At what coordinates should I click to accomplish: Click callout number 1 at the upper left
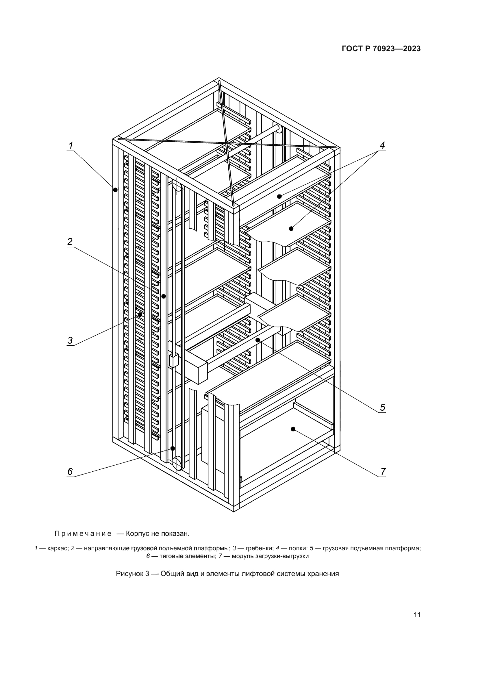pos(71,145)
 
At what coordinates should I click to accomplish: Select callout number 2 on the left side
pos(70,242)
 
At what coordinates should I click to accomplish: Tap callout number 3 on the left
pos(70,340)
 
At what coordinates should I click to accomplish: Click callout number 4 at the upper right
pos(382,145)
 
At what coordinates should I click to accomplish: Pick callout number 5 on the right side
pos(382,408)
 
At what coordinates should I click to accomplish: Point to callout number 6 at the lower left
pos(70,472)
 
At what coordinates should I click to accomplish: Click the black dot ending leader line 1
pos(115,190)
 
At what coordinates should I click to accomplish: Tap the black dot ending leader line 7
pos(293,429)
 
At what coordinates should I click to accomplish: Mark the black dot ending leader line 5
pos(258,340)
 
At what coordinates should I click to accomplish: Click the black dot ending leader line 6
pos(173,449)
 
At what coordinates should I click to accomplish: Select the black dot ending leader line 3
pos(140,315)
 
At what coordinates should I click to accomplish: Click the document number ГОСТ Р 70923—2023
pos(381,49)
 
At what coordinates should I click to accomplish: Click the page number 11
pos(417,615)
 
